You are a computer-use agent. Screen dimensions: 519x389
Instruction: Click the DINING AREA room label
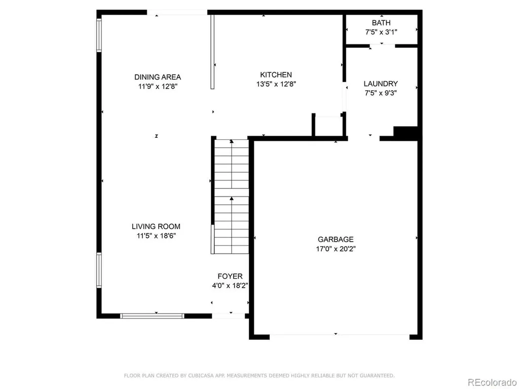(158, 77)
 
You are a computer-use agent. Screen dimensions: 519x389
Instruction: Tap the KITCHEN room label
(276, 75)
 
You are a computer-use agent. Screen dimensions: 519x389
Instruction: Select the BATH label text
(381, 23)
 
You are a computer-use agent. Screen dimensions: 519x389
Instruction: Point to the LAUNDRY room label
(381, 84)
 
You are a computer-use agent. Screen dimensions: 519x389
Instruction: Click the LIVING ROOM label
(156, 226)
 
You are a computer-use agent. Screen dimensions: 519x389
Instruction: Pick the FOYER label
(230, 276)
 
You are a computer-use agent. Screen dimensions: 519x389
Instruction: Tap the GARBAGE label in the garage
(336, 240)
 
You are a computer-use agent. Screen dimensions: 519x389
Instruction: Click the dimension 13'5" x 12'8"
(276, 84)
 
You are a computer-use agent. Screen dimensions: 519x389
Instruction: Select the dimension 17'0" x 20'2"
(336, 249)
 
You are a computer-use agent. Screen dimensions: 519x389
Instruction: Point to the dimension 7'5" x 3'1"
(381, 32)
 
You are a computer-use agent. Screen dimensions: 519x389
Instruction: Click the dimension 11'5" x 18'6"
(156, 236)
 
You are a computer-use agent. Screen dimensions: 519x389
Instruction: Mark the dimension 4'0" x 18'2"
(230, 286)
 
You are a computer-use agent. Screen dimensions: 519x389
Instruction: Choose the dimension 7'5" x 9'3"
(381, 93)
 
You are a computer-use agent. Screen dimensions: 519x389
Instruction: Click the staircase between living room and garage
(231, 197)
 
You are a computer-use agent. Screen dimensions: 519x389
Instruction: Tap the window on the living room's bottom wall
(152, 316)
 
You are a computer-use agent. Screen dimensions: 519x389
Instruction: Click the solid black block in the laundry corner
(405, 134)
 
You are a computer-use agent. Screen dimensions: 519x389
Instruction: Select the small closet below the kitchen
(328, 125)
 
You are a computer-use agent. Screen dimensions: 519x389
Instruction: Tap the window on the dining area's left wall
(99, 35)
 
